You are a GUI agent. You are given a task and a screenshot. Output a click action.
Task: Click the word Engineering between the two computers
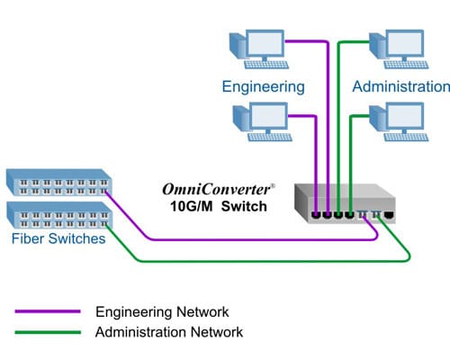coord(264,87)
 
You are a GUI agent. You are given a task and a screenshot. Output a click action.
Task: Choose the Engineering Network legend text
coord(161,311)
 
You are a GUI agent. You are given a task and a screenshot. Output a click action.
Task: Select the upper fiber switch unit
coord(58,184)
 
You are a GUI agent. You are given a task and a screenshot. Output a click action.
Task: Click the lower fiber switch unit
coord(58,214)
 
